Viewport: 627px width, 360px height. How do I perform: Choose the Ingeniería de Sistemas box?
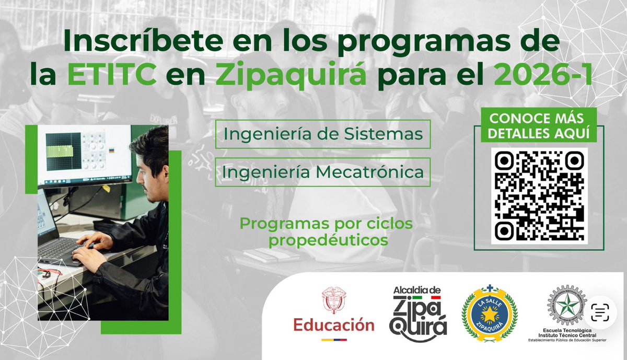click(322, 134)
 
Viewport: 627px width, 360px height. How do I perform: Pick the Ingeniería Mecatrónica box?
click(322, 172)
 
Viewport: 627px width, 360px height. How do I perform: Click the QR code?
click(539, 195)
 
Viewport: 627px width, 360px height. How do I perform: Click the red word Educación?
click(333, 325)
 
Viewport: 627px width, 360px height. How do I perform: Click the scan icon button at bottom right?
click(601, 314)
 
